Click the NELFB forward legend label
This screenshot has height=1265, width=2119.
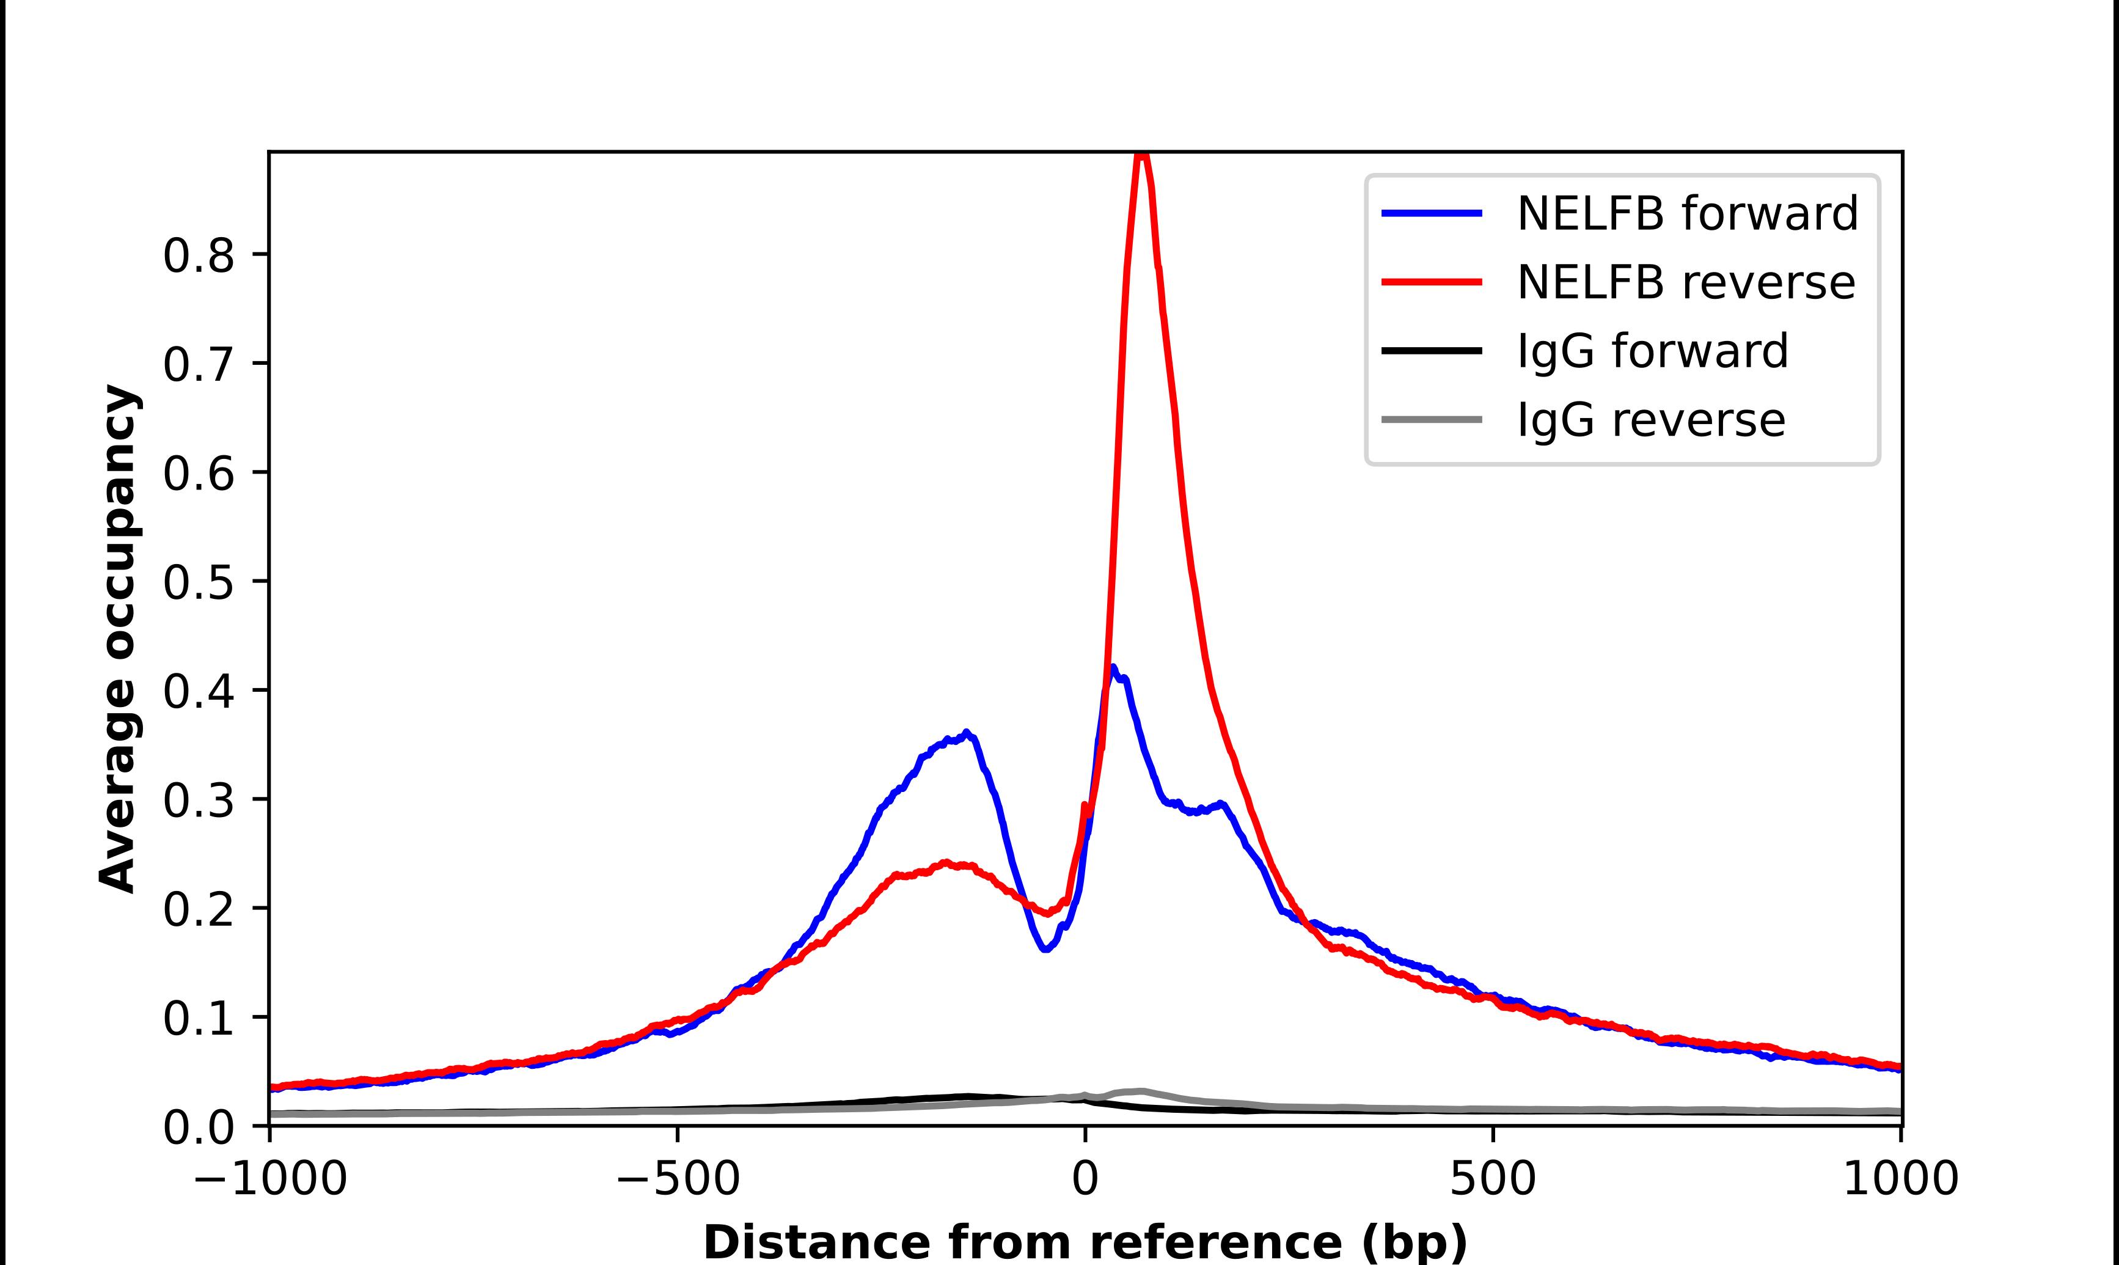(x=1687, y=213)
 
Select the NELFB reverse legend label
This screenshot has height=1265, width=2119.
(x=1685, y=282)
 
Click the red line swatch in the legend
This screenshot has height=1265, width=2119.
(x=1432, y=282)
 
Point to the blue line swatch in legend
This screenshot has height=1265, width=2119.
(x=1432, y=213)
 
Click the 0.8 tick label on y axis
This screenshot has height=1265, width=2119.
(x=198, y=255)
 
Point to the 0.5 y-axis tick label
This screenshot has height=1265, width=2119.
(x=198, y=582)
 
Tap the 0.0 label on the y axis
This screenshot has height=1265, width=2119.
(x=198, y=1127)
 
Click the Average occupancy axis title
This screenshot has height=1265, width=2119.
(x=117, y=639)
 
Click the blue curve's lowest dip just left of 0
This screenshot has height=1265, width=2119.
(x=1045, y=948)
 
